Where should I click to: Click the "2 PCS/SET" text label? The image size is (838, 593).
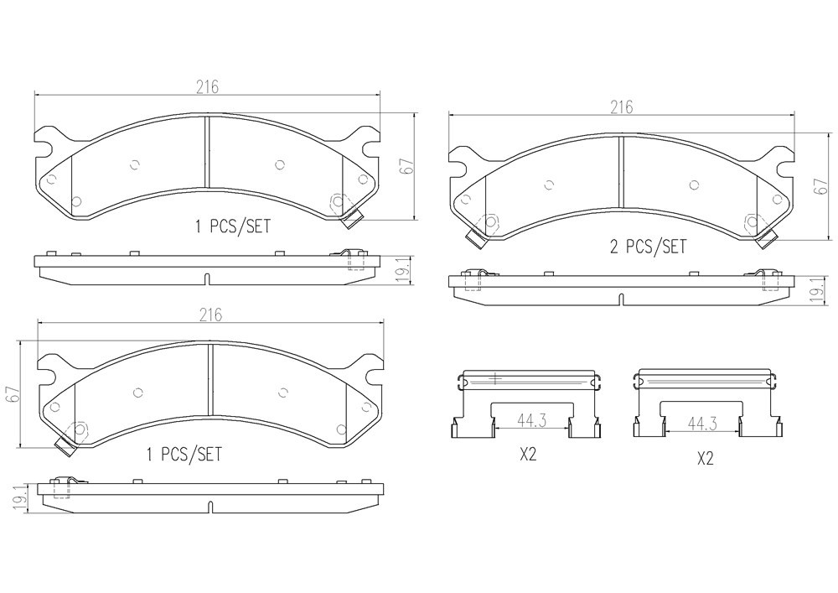click(649, 247)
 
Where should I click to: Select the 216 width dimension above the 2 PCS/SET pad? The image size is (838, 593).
click(622, 107)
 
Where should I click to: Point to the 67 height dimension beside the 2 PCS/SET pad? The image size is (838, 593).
click(821, 186)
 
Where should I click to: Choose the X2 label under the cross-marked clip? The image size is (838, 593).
click(527, 455)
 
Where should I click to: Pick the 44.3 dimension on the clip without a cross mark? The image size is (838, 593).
click(701, 424)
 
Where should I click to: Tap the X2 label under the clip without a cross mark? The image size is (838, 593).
click(706, 458)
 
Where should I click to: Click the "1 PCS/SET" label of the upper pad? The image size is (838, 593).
click(233, 226)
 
